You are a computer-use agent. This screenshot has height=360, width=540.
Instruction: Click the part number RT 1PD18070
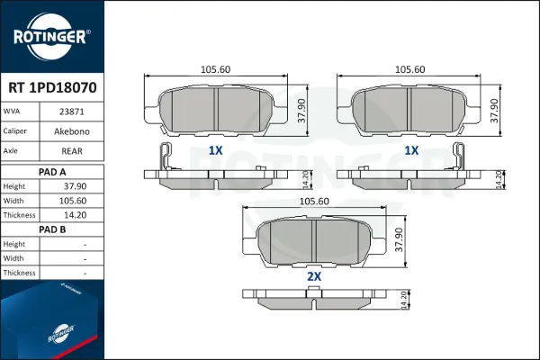coord(52,88)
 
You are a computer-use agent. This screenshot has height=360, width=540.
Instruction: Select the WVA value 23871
coord(72,112)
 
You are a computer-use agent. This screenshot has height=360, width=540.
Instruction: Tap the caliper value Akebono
coord(72,131)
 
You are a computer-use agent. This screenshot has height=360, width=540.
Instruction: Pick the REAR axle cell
coord(72,151)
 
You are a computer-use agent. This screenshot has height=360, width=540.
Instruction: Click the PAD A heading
coord(52,172)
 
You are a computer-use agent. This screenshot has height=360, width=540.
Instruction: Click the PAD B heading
coord(52,229)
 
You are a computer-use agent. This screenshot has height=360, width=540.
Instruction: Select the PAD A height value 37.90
coord(75,186)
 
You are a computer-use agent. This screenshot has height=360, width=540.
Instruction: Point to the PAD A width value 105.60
coord(73,201)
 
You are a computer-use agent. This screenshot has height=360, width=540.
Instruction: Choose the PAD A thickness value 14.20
coord(75,215)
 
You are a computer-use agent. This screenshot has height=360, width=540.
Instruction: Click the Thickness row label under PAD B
coord(19,273)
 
